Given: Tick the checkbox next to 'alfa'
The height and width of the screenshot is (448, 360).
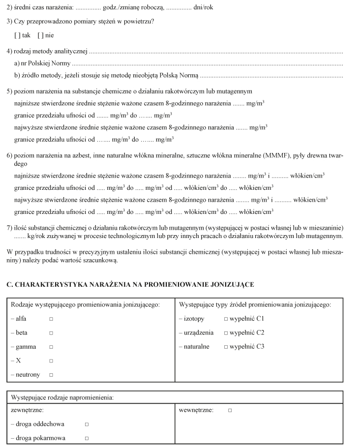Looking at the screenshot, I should (x=51, y=319).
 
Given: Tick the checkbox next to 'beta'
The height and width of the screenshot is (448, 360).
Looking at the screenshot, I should (x=51, y=332).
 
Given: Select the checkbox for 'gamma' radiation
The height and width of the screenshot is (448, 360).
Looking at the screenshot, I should (x=51, y=347).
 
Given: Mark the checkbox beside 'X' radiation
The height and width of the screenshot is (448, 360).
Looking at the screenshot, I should (x=51, y=360).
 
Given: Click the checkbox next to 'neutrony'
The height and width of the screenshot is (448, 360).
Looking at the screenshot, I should (x=51, y=375).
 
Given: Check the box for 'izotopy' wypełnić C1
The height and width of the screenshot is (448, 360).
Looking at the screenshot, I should (x=226, y=319).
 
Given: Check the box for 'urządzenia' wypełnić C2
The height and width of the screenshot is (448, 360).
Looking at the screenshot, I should (x=226, y=332).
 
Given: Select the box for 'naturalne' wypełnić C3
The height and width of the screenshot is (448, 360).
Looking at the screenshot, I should (x=226, y=347).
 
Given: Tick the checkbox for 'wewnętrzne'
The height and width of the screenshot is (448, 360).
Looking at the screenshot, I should (x=230, y=410).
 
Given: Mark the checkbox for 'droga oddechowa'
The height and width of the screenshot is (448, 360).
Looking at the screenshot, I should (x=87, y=424).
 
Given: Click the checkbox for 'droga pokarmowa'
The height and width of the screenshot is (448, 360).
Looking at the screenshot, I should (x=87, y=438).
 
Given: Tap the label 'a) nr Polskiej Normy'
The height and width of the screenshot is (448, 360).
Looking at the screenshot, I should (x=42, y=64).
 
